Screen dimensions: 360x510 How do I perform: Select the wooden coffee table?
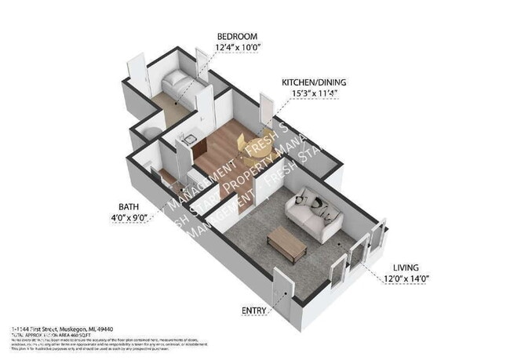point(286,245)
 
